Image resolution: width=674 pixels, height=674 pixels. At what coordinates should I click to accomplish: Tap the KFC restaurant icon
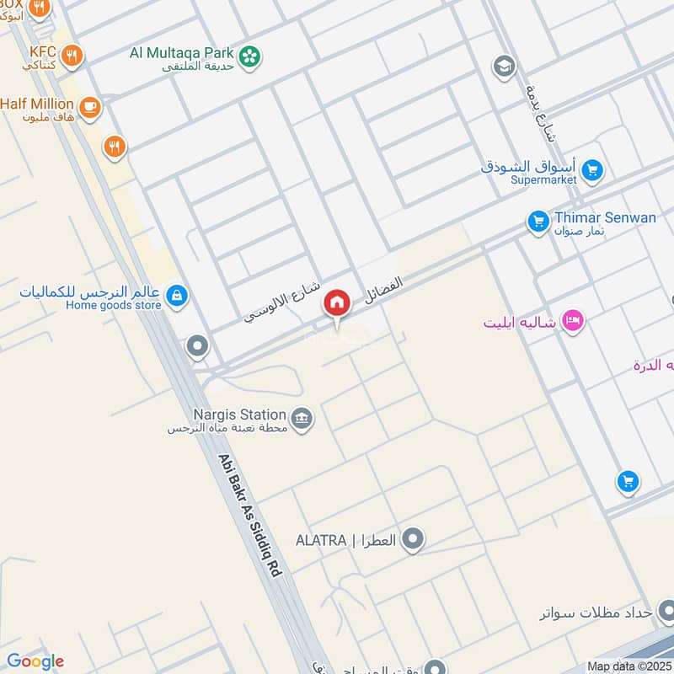tap(72, 56)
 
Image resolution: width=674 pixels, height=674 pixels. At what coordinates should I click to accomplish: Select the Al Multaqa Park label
tap(181, 52)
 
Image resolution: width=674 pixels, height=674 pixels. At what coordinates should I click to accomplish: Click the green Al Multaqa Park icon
tap(249, 56)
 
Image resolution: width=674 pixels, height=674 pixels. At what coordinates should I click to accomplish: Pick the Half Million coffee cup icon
tap(89, 107)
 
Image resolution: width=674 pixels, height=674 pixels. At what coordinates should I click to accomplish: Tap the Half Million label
tap(37, 104)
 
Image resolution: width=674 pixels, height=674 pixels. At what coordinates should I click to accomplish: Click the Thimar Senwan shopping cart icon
tap(538, 222)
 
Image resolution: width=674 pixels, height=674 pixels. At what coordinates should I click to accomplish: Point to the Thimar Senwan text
tap(605, 217)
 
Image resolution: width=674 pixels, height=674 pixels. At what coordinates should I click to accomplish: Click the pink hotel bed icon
tap(573, 321)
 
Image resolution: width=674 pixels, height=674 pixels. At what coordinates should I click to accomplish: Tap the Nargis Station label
tap(240, 415)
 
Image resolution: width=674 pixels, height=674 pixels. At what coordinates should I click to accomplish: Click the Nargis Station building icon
tap(301, 418)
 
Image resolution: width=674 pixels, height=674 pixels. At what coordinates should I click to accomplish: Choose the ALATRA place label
tap(320, 540)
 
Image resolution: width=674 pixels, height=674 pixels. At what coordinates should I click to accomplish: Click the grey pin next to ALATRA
tap(412, 539)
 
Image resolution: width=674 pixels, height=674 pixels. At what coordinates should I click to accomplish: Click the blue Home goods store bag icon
tap(177, 295)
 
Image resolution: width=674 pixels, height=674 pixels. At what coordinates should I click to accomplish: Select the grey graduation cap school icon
tap(504, 66)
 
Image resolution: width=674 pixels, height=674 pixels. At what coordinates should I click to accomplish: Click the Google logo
tap(35, 661)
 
